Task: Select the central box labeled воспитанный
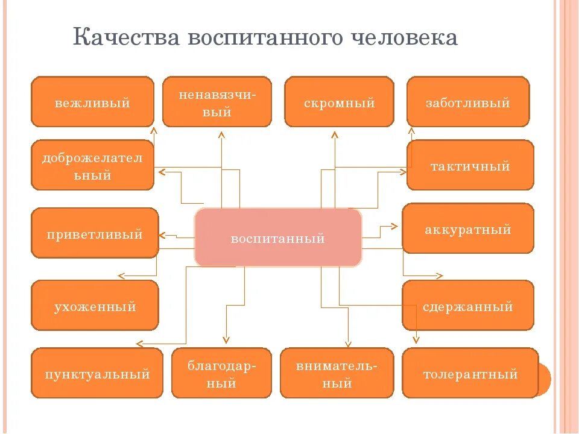point(277,238)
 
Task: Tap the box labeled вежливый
point(92,102)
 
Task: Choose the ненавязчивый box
point(217,102)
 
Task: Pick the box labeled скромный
point(339,102)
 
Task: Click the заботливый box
point(468,102)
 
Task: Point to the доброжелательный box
point(92,165)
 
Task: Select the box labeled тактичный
point(470,165)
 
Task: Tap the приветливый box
point(94,233)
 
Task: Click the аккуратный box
point(467,228)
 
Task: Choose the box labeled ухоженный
point(94,306)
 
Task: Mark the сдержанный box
point(467,306)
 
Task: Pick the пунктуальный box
point(96,373)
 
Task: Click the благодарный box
point(221,373)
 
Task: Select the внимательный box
point(337,373)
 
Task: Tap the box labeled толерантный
point(470,373)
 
